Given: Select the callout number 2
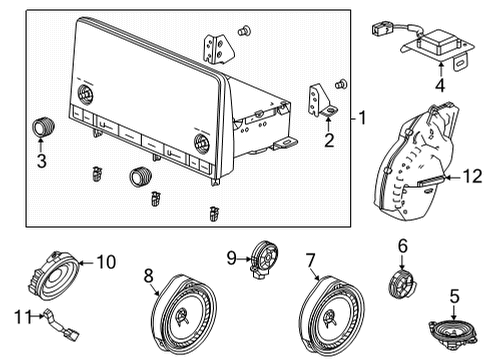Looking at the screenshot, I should pos(329,141).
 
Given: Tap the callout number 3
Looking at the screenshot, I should pos(41,160).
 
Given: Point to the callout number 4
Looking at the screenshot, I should pos(438,87).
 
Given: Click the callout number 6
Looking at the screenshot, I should pos(403,246).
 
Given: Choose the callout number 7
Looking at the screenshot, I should pos(311,260).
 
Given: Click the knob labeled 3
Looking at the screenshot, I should pos(42,126).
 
